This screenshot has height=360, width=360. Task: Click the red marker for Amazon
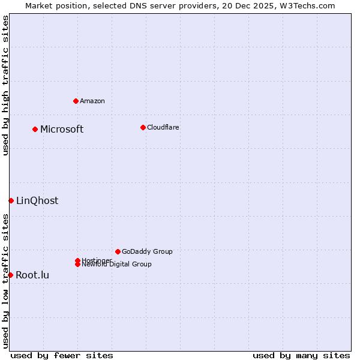click(x=76, y=101)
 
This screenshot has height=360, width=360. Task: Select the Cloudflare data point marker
click(x=143, y=127)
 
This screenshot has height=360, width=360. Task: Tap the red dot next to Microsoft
click(x=35, y=129)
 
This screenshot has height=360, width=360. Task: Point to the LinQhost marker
click(x=11, y=200)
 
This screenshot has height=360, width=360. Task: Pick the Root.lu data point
click(x=10, y=275)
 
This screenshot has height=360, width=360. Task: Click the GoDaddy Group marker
click(x=118, y=251)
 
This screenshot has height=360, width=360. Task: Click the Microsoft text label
click(x=62, y=130)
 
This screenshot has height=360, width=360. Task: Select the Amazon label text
click(x=92, y=101)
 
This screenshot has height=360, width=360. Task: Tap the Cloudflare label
click(x=163, y=127)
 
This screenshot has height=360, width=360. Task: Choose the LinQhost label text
click(x=37, y=201)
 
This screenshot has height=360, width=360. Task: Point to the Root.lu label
click(x=32, y=275)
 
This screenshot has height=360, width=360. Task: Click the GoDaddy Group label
click(x=147, y=251)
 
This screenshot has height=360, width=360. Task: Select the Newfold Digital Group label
click(x=117, y=265)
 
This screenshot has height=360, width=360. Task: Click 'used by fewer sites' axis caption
click(x=62, y=355)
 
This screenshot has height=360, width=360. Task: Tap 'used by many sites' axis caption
click(x=301, y=355)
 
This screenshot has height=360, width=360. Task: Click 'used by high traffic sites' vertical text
click(x=6, y=85)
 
